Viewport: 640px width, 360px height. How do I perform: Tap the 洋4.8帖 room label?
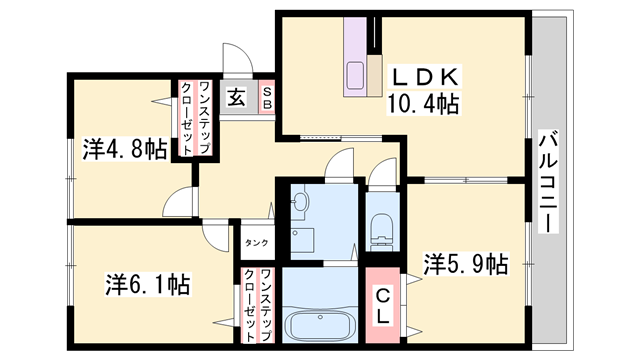[123, 151]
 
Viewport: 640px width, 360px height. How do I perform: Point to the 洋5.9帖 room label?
[465, 265]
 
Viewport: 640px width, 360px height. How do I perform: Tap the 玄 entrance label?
[236, 98]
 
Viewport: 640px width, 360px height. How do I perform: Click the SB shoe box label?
[267, 98]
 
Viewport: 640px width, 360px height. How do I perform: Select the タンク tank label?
[256, 243]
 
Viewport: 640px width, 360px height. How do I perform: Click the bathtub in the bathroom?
[320, 325]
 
